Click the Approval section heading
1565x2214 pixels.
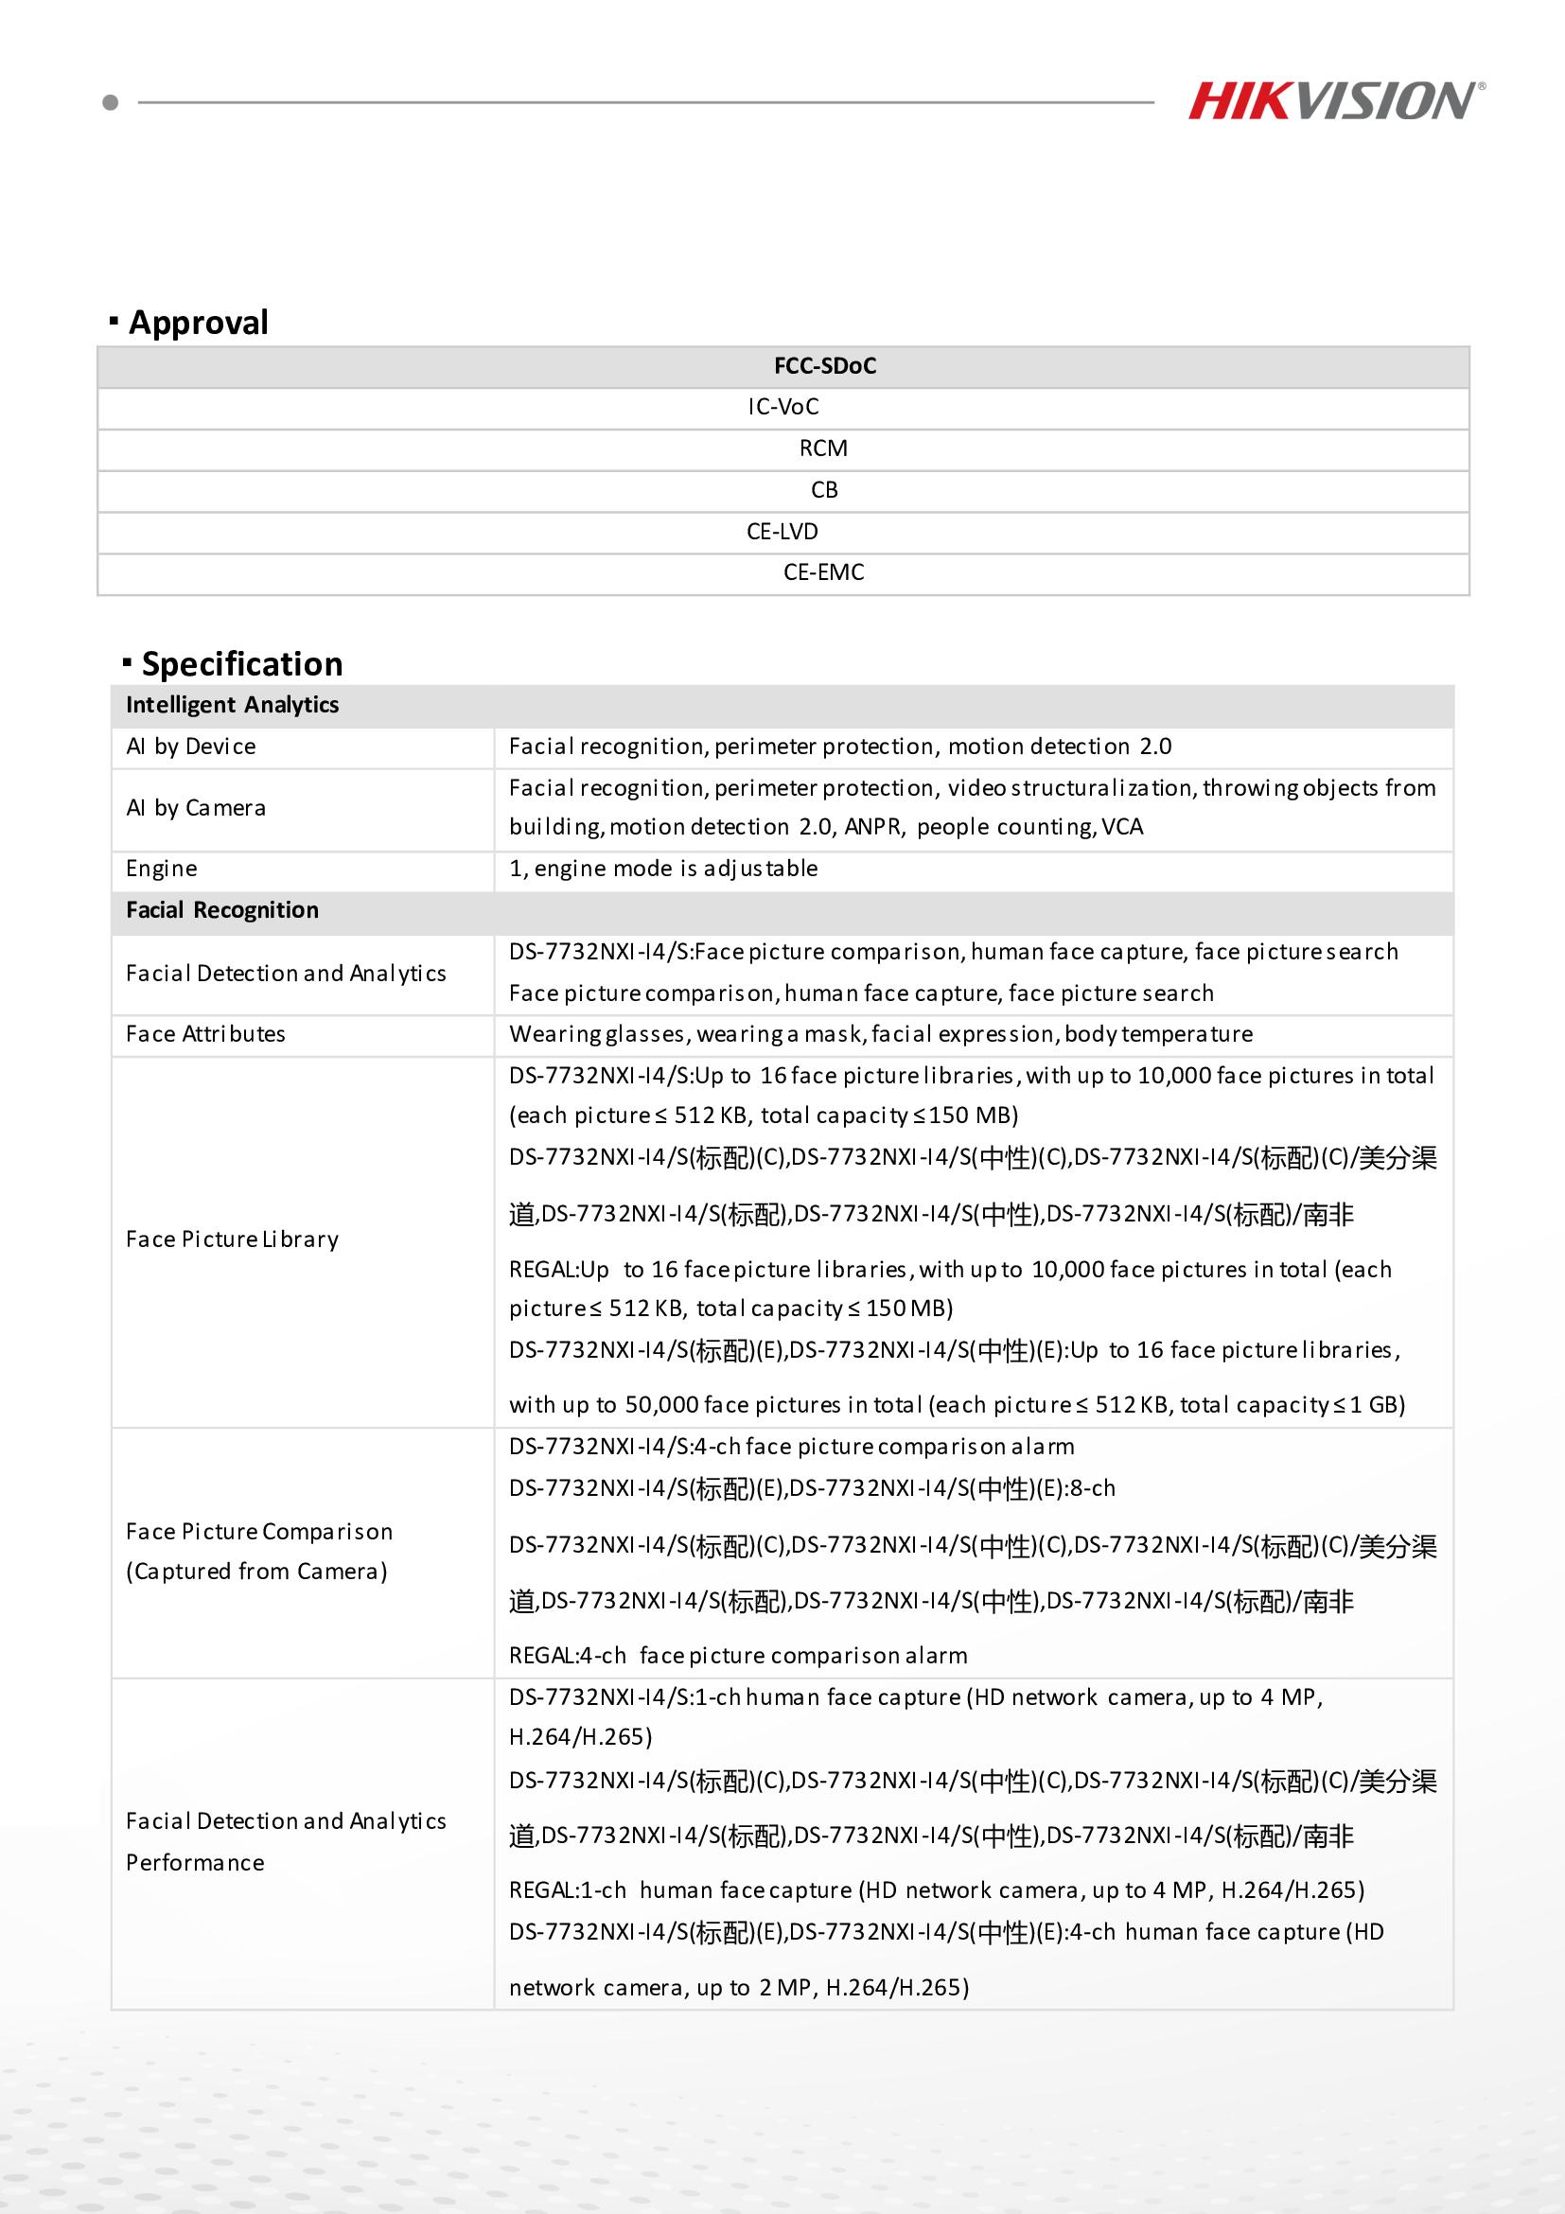[x=198, y=322]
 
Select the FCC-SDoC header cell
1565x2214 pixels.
[x=824, y=366]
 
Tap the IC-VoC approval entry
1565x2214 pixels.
[x=783, y=407]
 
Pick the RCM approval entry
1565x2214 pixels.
[x=823, y=448]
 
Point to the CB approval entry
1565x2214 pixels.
[x=824, y=490]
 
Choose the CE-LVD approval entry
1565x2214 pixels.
[x=782, y=532]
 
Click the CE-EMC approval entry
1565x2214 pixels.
[x=823, y=572]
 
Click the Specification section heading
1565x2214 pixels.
[x=241, y=664]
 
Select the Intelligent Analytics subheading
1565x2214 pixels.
[x=233, y=705]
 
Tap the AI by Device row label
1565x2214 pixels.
[x=191, y=747]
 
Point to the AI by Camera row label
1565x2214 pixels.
[x=196, y=808]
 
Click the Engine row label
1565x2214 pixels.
[x=161, y=869]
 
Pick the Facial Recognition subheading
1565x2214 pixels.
[x=221, y=910]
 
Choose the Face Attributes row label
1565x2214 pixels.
[x=205, y=1034]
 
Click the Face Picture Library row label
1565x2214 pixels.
[x=233, y=1239]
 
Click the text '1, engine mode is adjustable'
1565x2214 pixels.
[x=663, y=869]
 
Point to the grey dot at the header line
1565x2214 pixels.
[x=111, y=102]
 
